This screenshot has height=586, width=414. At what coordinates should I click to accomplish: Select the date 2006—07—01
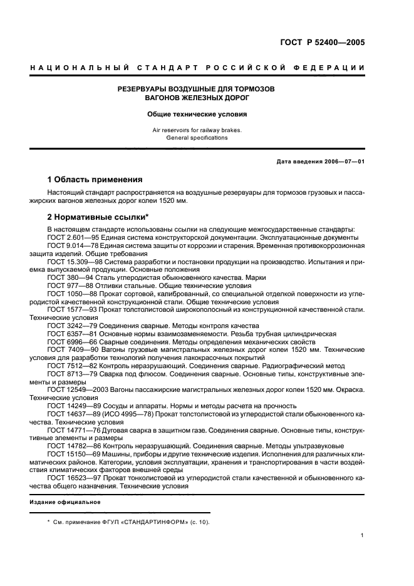coord(343,162)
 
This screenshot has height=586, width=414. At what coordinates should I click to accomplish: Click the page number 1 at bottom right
coord(363,535)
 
